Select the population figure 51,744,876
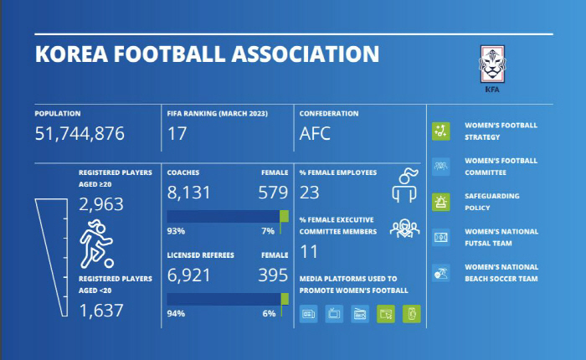click(x=80, y=132)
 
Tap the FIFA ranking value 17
click(x=177, y=132)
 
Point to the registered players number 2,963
click(x=100, y=205)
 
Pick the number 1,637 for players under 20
click(x=100, y=311)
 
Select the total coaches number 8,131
click(x=191, y=193)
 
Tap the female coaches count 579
click(x=273, y=193)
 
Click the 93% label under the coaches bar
click(x=176, y=230)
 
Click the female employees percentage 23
click(x=309, y=193)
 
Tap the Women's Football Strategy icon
click(x=441, y=131)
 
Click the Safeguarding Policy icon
click(x=441, y=201)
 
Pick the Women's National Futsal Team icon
click(x=441, y=237)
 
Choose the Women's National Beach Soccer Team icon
click(x=441, y=272)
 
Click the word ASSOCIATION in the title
click(x=298, y=55)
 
